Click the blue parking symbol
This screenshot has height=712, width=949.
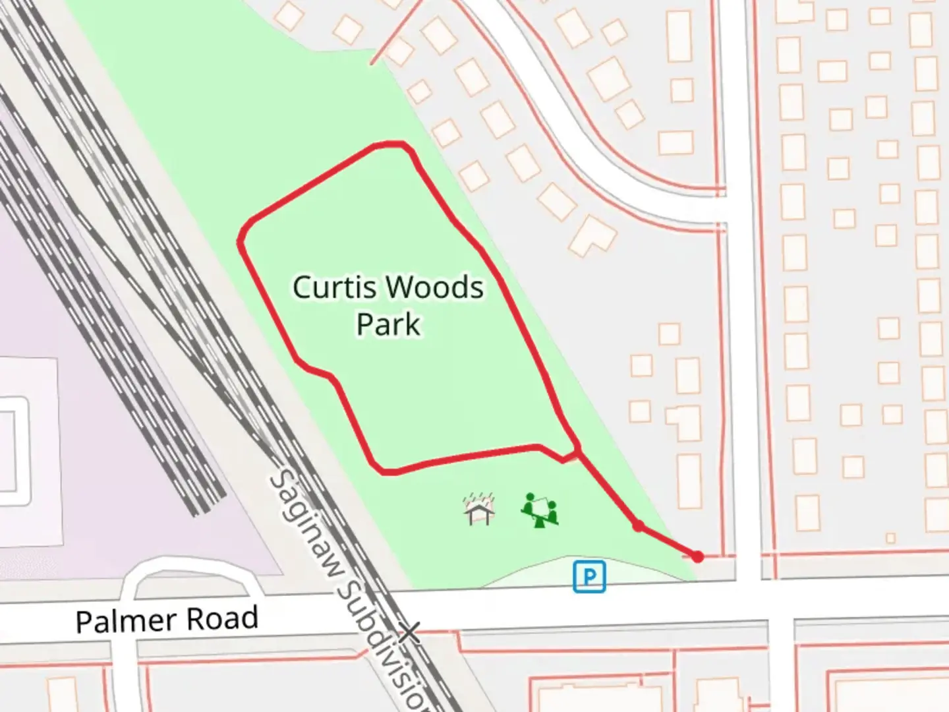pyautogui.click(x=589, y=577)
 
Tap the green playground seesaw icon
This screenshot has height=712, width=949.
pyautogui.click(x=540, y=510)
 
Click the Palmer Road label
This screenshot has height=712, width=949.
pyautogui.click(x=167, y=620)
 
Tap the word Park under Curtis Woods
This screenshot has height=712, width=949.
pyautogui.click(x=388, y=324)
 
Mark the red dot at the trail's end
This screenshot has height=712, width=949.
pyautogui.click(x=698, y=557)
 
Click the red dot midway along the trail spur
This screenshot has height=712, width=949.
pyautogui.click(x=638, y=526)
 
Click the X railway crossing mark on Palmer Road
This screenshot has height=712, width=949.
pyautogui.click(x=410, y=632)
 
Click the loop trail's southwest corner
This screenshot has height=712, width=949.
pyautogui.click(x=386, y=471)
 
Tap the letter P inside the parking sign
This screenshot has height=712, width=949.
pyautogui.click(x=590, y=578)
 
